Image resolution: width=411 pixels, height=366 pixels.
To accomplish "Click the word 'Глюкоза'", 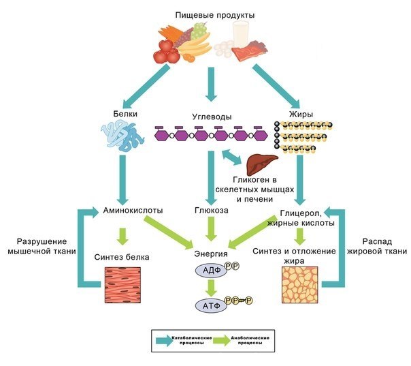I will click(211, 211).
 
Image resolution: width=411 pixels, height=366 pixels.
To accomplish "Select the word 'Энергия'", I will click(212, 256).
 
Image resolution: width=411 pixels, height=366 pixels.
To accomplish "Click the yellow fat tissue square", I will click(300, 284).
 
